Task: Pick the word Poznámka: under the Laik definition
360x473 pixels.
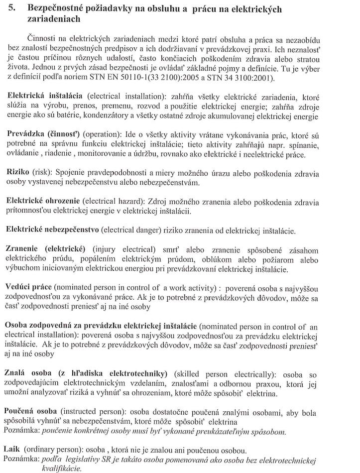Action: point(20,457)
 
